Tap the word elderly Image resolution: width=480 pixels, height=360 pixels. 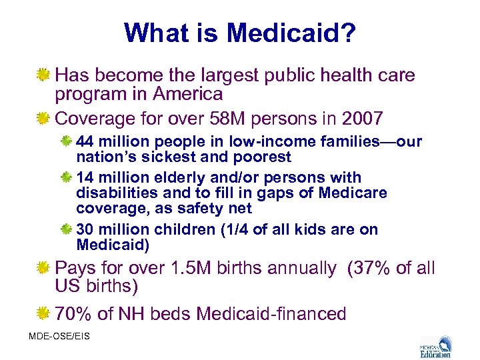coord(185,178)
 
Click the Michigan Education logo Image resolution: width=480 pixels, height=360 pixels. coord(437,346)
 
